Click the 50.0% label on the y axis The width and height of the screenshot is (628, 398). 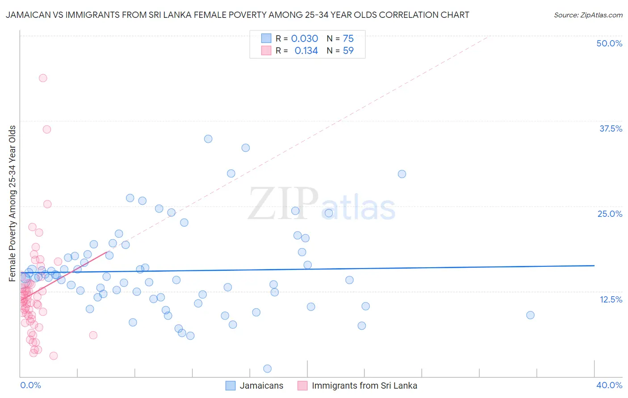point(609,43)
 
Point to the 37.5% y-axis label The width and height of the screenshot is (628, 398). point(611,129)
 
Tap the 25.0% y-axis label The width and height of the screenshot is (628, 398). point(610,214)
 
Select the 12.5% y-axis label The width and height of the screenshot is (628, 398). point(611,299)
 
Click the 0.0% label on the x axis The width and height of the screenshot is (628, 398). point(30,385)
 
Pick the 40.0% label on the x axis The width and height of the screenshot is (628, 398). point(609,385)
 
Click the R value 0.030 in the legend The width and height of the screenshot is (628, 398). point(305,39)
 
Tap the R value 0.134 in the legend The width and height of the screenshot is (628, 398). point(306,51)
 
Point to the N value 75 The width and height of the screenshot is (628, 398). point(348,39)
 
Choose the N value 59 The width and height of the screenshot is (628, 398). point(348,51)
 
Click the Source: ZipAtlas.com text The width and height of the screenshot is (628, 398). point(588,15)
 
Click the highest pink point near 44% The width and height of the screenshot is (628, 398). point(43,78)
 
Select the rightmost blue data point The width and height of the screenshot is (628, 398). point(530,315)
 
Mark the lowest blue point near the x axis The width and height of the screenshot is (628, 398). point(268,369)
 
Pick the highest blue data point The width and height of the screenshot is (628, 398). point(208,139)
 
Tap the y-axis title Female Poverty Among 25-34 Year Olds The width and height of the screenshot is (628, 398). point(13,203)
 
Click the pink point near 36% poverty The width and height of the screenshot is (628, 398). point(47,129)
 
